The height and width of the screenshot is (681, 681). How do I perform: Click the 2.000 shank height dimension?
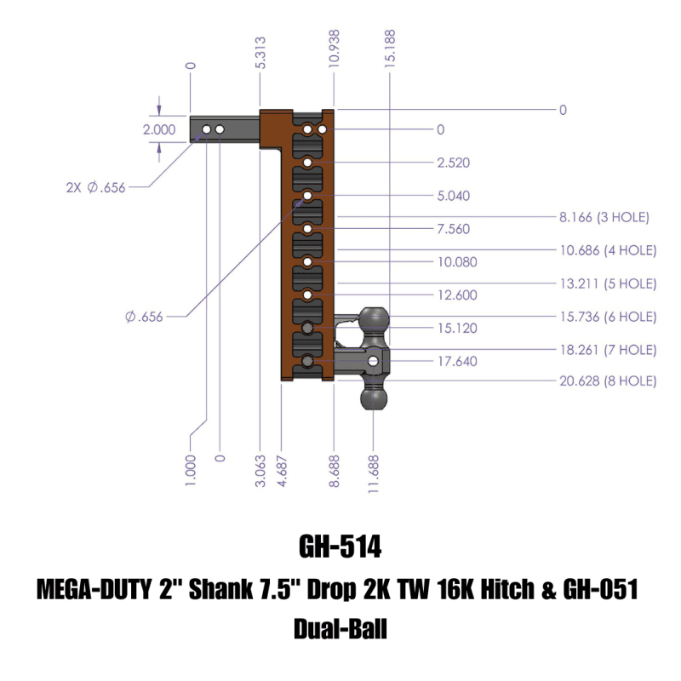coord(159,130)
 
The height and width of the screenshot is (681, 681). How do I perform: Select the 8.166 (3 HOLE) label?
coord(604,218)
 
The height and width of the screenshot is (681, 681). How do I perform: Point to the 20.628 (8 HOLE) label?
coord(607,381)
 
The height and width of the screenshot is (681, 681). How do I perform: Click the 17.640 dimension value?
coord(456,361)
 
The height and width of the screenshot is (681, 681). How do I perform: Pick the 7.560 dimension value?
coord(453,229)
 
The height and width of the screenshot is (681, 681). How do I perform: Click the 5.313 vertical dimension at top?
coord(261,52)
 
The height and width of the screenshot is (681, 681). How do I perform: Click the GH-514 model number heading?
coord(340,546)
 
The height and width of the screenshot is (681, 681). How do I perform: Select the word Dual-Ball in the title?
coord(340,630)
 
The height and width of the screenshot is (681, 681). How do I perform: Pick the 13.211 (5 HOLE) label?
coord(607,283)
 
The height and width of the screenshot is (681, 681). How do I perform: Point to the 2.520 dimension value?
coord(453,163)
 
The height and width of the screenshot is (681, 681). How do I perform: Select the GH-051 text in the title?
coord(601,589)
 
